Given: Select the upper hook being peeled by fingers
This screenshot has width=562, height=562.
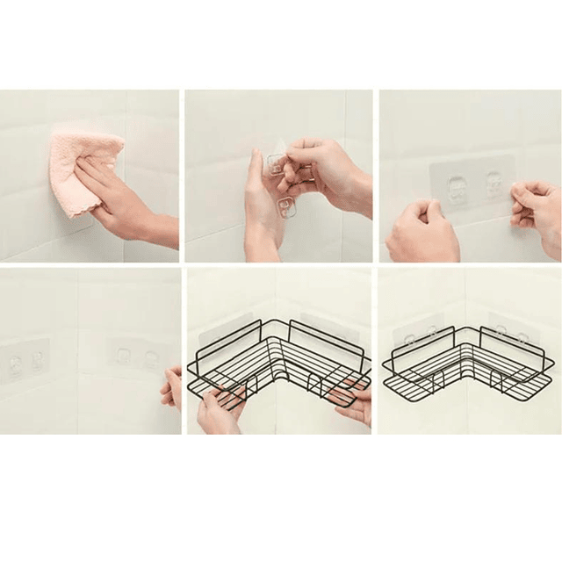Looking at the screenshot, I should tap(277, 164).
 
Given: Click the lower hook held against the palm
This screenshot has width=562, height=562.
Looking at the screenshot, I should tap(286, 207).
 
